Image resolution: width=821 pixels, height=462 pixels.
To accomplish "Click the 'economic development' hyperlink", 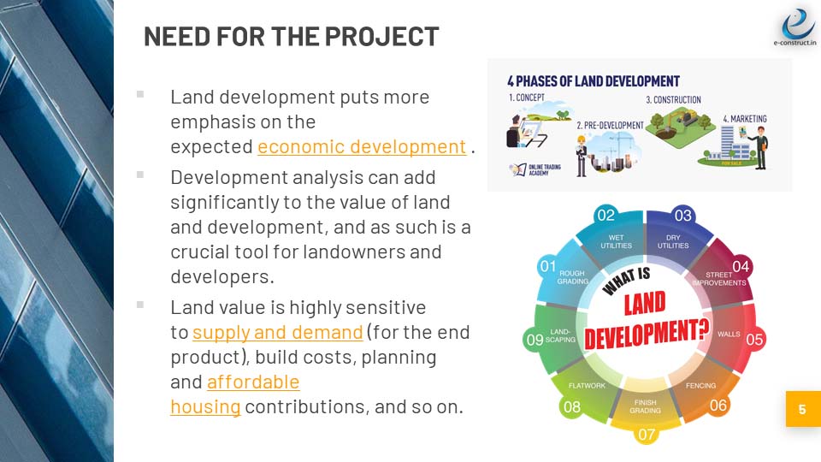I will [x=362, y=147].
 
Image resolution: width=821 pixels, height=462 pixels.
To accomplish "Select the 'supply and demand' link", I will [x=278, y=332].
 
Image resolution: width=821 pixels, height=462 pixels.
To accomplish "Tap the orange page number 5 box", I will [x=802, y=410].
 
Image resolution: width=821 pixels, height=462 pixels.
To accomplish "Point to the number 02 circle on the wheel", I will [x=606, y=215].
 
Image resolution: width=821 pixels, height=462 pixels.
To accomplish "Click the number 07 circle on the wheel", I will [x=646, y=434].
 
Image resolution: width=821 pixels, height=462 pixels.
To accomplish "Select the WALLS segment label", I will [x=729, y=334].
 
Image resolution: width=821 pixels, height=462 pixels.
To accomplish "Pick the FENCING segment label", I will [x=701, y=386].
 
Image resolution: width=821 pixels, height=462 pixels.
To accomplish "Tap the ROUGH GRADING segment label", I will [x=572, y=277].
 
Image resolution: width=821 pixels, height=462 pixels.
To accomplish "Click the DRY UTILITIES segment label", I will [x=673, y=241].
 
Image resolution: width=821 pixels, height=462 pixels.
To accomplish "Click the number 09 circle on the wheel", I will [x=535, y=340].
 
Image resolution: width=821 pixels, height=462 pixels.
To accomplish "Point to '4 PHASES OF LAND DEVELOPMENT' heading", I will [x=593, y=81].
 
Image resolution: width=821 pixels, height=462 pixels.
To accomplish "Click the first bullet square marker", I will [x=140, y=94].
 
